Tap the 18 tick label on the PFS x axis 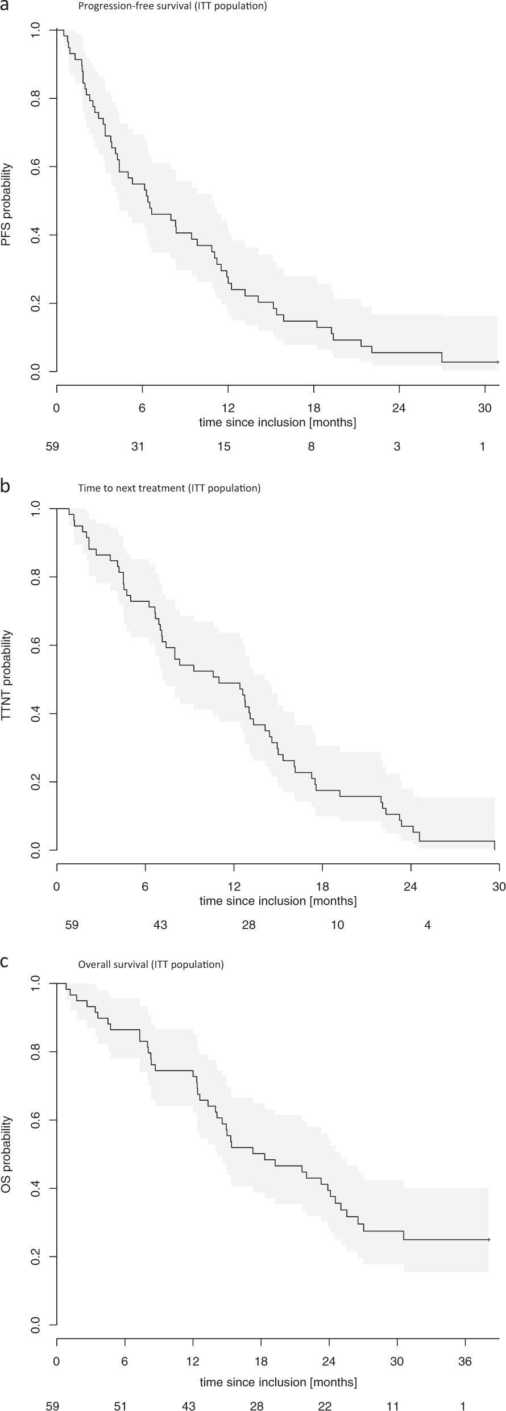pyautogui.click(x=314, y=408)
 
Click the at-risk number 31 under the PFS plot pyautogui.click(x=138, y=447)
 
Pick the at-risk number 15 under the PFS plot pyautogui.click(x=224, y=447)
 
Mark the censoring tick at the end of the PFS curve pyautogui.click(x=497, y=362)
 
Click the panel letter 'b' pyautogui.click(x=5, y=487)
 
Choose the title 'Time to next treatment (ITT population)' pyautogui.click(x=169, y=488)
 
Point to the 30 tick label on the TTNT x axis pyautogui.click(x=499, y=886)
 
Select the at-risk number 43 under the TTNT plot pyautogui.click(x=160, y=925)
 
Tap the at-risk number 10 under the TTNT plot pyautogui.click(x=338, y=925)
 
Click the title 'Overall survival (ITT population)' pyautogui.click(x=151, y=964)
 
